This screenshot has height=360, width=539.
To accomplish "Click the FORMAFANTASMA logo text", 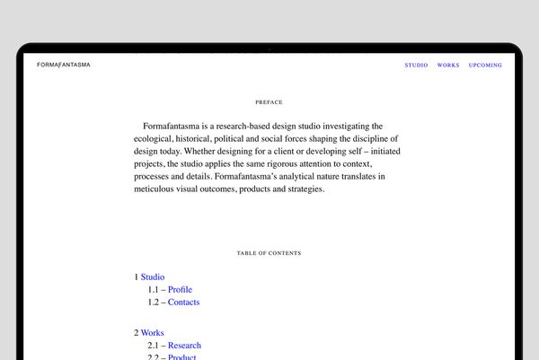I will click(63, 65).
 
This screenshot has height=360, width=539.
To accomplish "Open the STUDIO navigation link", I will click(416, 66).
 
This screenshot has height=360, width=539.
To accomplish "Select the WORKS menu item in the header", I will click(448, 66).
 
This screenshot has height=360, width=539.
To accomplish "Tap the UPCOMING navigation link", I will click(485, 66).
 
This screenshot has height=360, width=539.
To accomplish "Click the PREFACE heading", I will click(269, 102).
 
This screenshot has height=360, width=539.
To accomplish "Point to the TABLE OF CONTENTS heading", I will click(269, 253).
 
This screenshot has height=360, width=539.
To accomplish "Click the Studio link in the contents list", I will click(153, 277).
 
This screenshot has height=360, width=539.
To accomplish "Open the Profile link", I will click(180, 290).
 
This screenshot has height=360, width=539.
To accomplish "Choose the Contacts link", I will click(183, 303).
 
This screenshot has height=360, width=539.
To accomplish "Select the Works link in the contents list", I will click(153, 333).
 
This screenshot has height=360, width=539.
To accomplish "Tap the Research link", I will click(184, 346).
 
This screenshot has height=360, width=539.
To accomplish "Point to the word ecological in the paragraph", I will click(154, 139).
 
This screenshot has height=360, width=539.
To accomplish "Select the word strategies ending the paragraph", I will click(303, 189).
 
